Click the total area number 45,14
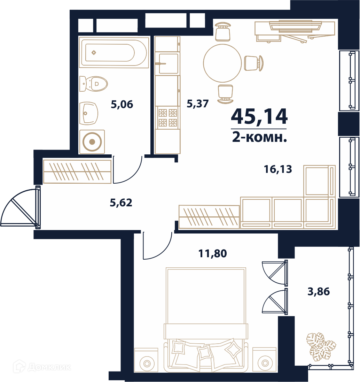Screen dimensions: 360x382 tap(259, 117)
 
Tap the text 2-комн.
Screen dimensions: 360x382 tap(259, 137)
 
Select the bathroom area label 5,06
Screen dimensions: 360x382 tap(122, 105)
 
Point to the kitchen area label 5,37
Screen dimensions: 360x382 tap(198, 104)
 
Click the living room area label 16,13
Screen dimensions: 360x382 tap(278, 169)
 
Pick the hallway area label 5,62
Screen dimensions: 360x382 tap(121, 203)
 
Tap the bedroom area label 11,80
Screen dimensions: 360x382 tap(213, 254)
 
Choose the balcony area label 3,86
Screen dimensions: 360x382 tap(319, 291)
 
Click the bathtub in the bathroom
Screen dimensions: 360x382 tap(114, 52)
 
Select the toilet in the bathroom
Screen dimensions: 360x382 tap(93, 84)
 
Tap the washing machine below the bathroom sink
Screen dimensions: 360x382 tap(92, 142)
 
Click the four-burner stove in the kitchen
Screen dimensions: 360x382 tap(168, 118)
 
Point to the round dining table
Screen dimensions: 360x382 tap(222, 63)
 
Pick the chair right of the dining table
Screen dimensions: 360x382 tap(253, 63)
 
